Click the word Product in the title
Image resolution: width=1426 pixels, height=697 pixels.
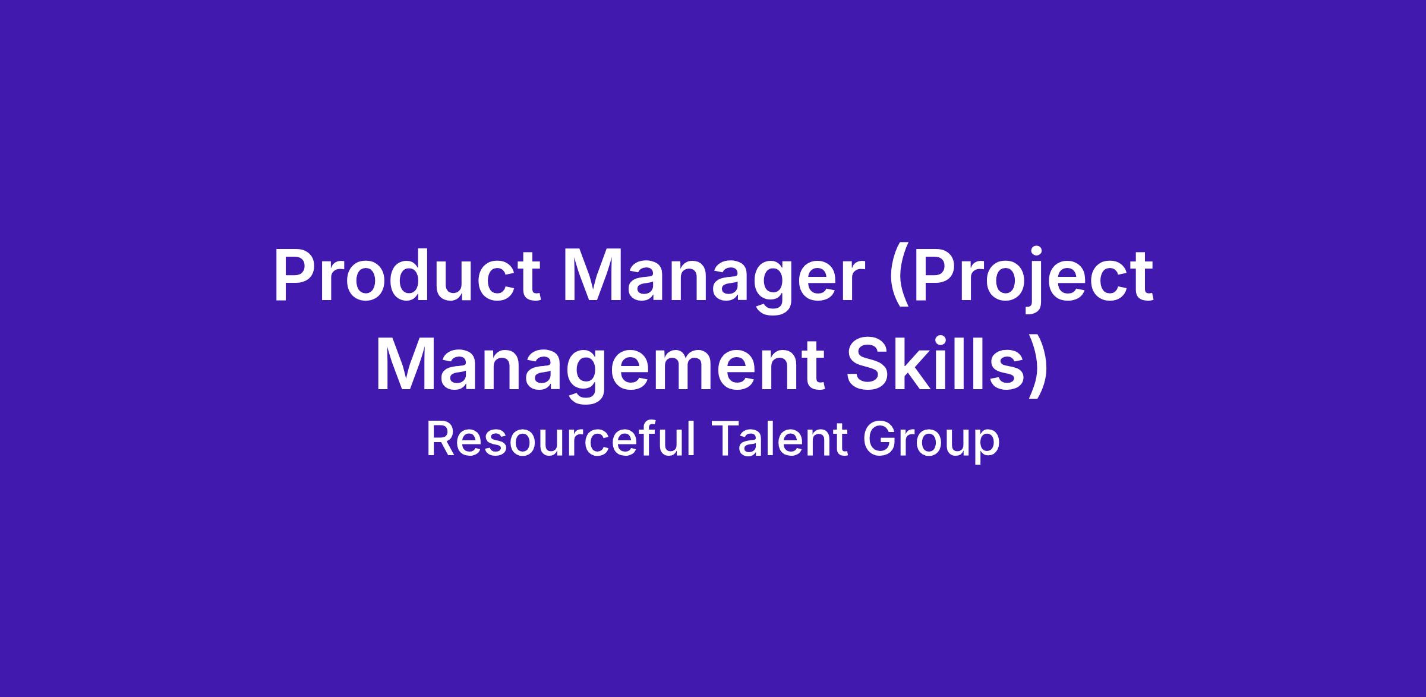[x=407, y=276]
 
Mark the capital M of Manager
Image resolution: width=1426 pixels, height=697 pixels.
[x=594, y=276]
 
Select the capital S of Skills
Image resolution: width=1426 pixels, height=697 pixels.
[x=868, y=365]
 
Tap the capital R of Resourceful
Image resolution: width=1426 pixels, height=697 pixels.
[x=441, y=439]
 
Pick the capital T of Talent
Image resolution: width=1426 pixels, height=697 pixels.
[x=725, y=439]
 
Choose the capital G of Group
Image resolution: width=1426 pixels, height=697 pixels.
[x=879, y=439]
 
